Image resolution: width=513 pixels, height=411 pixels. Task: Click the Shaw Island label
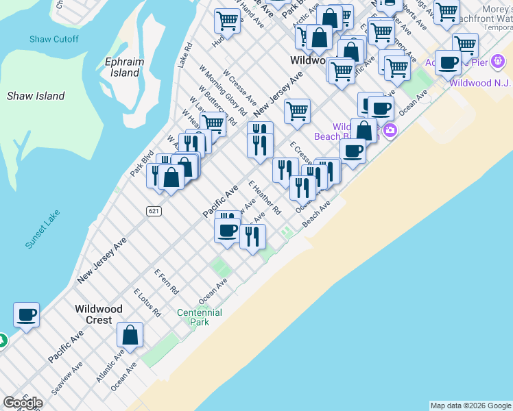pyautogui.click(x=36, y=96)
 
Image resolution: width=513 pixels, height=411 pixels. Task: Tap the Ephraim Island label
pyautogui.click(x=124, y=66)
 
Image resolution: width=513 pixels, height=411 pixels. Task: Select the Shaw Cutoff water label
pyautogui.click(x=54, y=39)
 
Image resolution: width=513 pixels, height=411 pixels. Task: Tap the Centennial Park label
pyautogui.click(x=200, y=316)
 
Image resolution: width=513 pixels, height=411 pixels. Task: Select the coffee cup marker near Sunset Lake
pyautogui.click(x=27, y=315)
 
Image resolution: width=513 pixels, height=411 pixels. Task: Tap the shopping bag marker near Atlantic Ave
pyautogui.click(x=130, y=335)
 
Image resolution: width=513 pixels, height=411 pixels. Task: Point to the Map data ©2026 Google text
pyautogui.click(x=470, y=406)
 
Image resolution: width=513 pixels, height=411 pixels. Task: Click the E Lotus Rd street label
pyautogui.click(x=147, y=302)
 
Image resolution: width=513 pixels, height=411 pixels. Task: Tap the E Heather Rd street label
pyautogui.click(x=265, y=198)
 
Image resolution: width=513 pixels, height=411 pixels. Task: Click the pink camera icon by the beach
pyautogui.click(x=390, y=129)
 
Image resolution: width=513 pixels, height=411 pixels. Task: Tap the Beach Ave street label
pyautogui.click(x=317, y=213)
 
